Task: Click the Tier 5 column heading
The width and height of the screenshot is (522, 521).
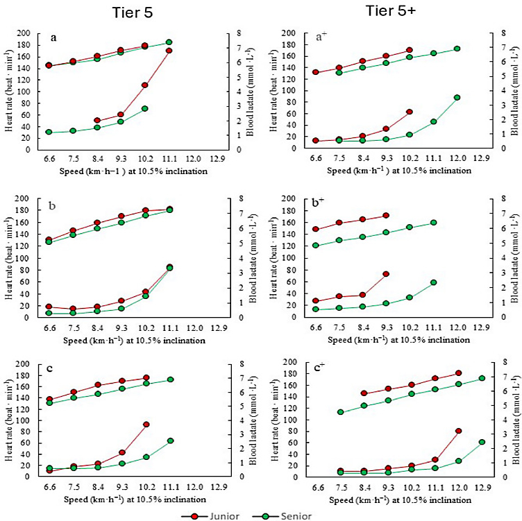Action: coord(129,12)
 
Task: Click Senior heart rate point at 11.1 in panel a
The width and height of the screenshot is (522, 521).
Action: coord(169,42)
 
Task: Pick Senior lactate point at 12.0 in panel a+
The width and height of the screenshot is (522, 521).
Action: coord(457,98)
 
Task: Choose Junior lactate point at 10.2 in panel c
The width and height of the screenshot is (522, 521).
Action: coord(146,424)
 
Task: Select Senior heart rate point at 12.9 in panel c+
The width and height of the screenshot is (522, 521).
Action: coord(482,378)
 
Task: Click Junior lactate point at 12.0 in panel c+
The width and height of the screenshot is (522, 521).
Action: coord(457,431)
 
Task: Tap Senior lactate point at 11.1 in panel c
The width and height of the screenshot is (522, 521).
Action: coord(169,441)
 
